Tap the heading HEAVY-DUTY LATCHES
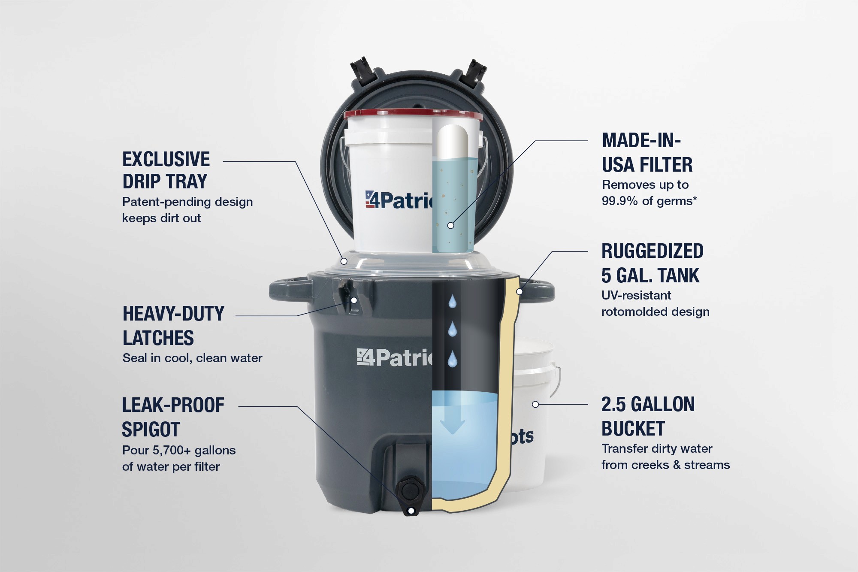[173, 326]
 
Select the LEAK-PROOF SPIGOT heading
[173, 417]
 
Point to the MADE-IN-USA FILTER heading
[647, 152]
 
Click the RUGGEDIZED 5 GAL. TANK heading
[652, 263]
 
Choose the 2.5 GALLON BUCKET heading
[648, 416]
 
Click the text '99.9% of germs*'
[649, 201]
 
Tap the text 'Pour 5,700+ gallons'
[179, 450]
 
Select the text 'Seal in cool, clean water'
[192, 358]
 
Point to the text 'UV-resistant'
[636, 295]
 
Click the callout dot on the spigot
[411, 511]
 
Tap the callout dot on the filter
[450, 225]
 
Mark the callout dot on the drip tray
[344, 261]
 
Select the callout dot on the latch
[354, 300]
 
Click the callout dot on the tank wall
[519, 292]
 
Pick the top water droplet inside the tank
[452, 302]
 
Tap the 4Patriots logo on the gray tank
[395, 357]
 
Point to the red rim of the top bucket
[413, 114]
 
